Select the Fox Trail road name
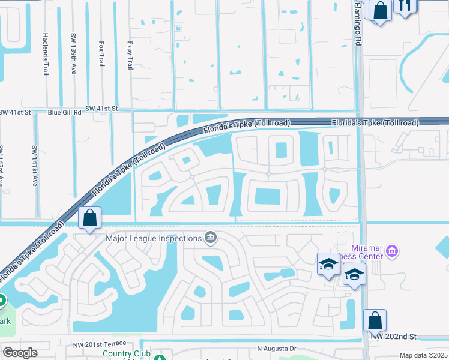point(102,53)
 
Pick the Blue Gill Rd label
point(64,112)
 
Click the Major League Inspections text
point(154,238)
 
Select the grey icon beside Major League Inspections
point(211,238)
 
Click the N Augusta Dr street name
point(277,348)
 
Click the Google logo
point(20,353)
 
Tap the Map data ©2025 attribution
point(423,355)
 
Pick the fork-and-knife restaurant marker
point(404,6)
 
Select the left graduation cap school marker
point(328,264)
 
